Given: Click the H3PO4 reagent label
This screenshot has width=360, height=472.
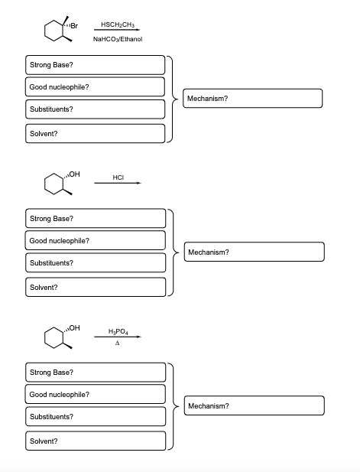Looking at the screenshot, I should [x=118, y=331].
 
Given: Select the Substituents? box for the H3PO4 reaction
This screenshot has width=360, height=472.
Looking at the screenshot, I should [x=96, y=417].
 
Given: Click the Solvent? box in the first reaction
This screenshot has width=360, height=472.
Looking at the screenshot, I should [x=96, y=134].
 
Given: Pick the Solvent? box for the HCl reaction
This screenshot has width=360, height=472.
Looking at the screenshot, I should [x=96, y=287].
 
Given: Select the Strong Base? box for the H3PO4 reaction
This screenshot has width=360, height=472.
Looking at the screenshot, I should [x=96, y=373].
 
